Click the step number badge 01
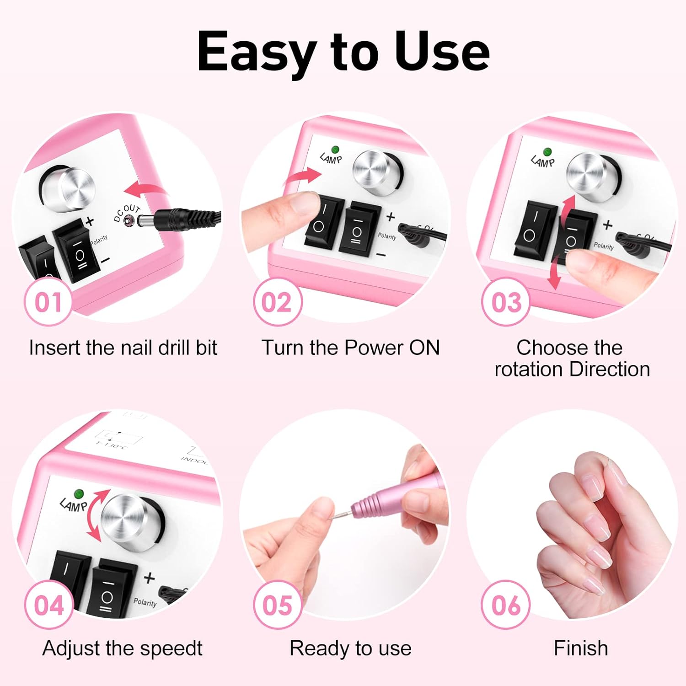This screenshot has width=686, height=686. coord(48,302)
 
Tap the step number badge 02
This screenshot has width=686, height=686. coord(277,302)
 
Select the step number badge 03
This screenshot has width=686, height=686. coord(506,302)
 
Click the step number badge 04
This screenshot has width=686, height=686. coord(48,605)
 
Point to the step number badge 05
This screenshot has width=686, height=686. coord(277,605)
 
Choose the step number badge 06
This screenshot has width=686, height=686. coord(506,605)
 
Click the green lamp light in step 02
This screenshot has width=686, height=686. coord(335,150)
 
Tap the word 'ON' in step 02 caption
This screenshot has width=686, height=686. coord(424,348)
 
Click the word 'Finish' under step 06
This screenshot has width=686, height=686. coord(581,648)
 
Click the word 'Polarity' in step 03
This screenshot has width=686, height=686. coord(604,246)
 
